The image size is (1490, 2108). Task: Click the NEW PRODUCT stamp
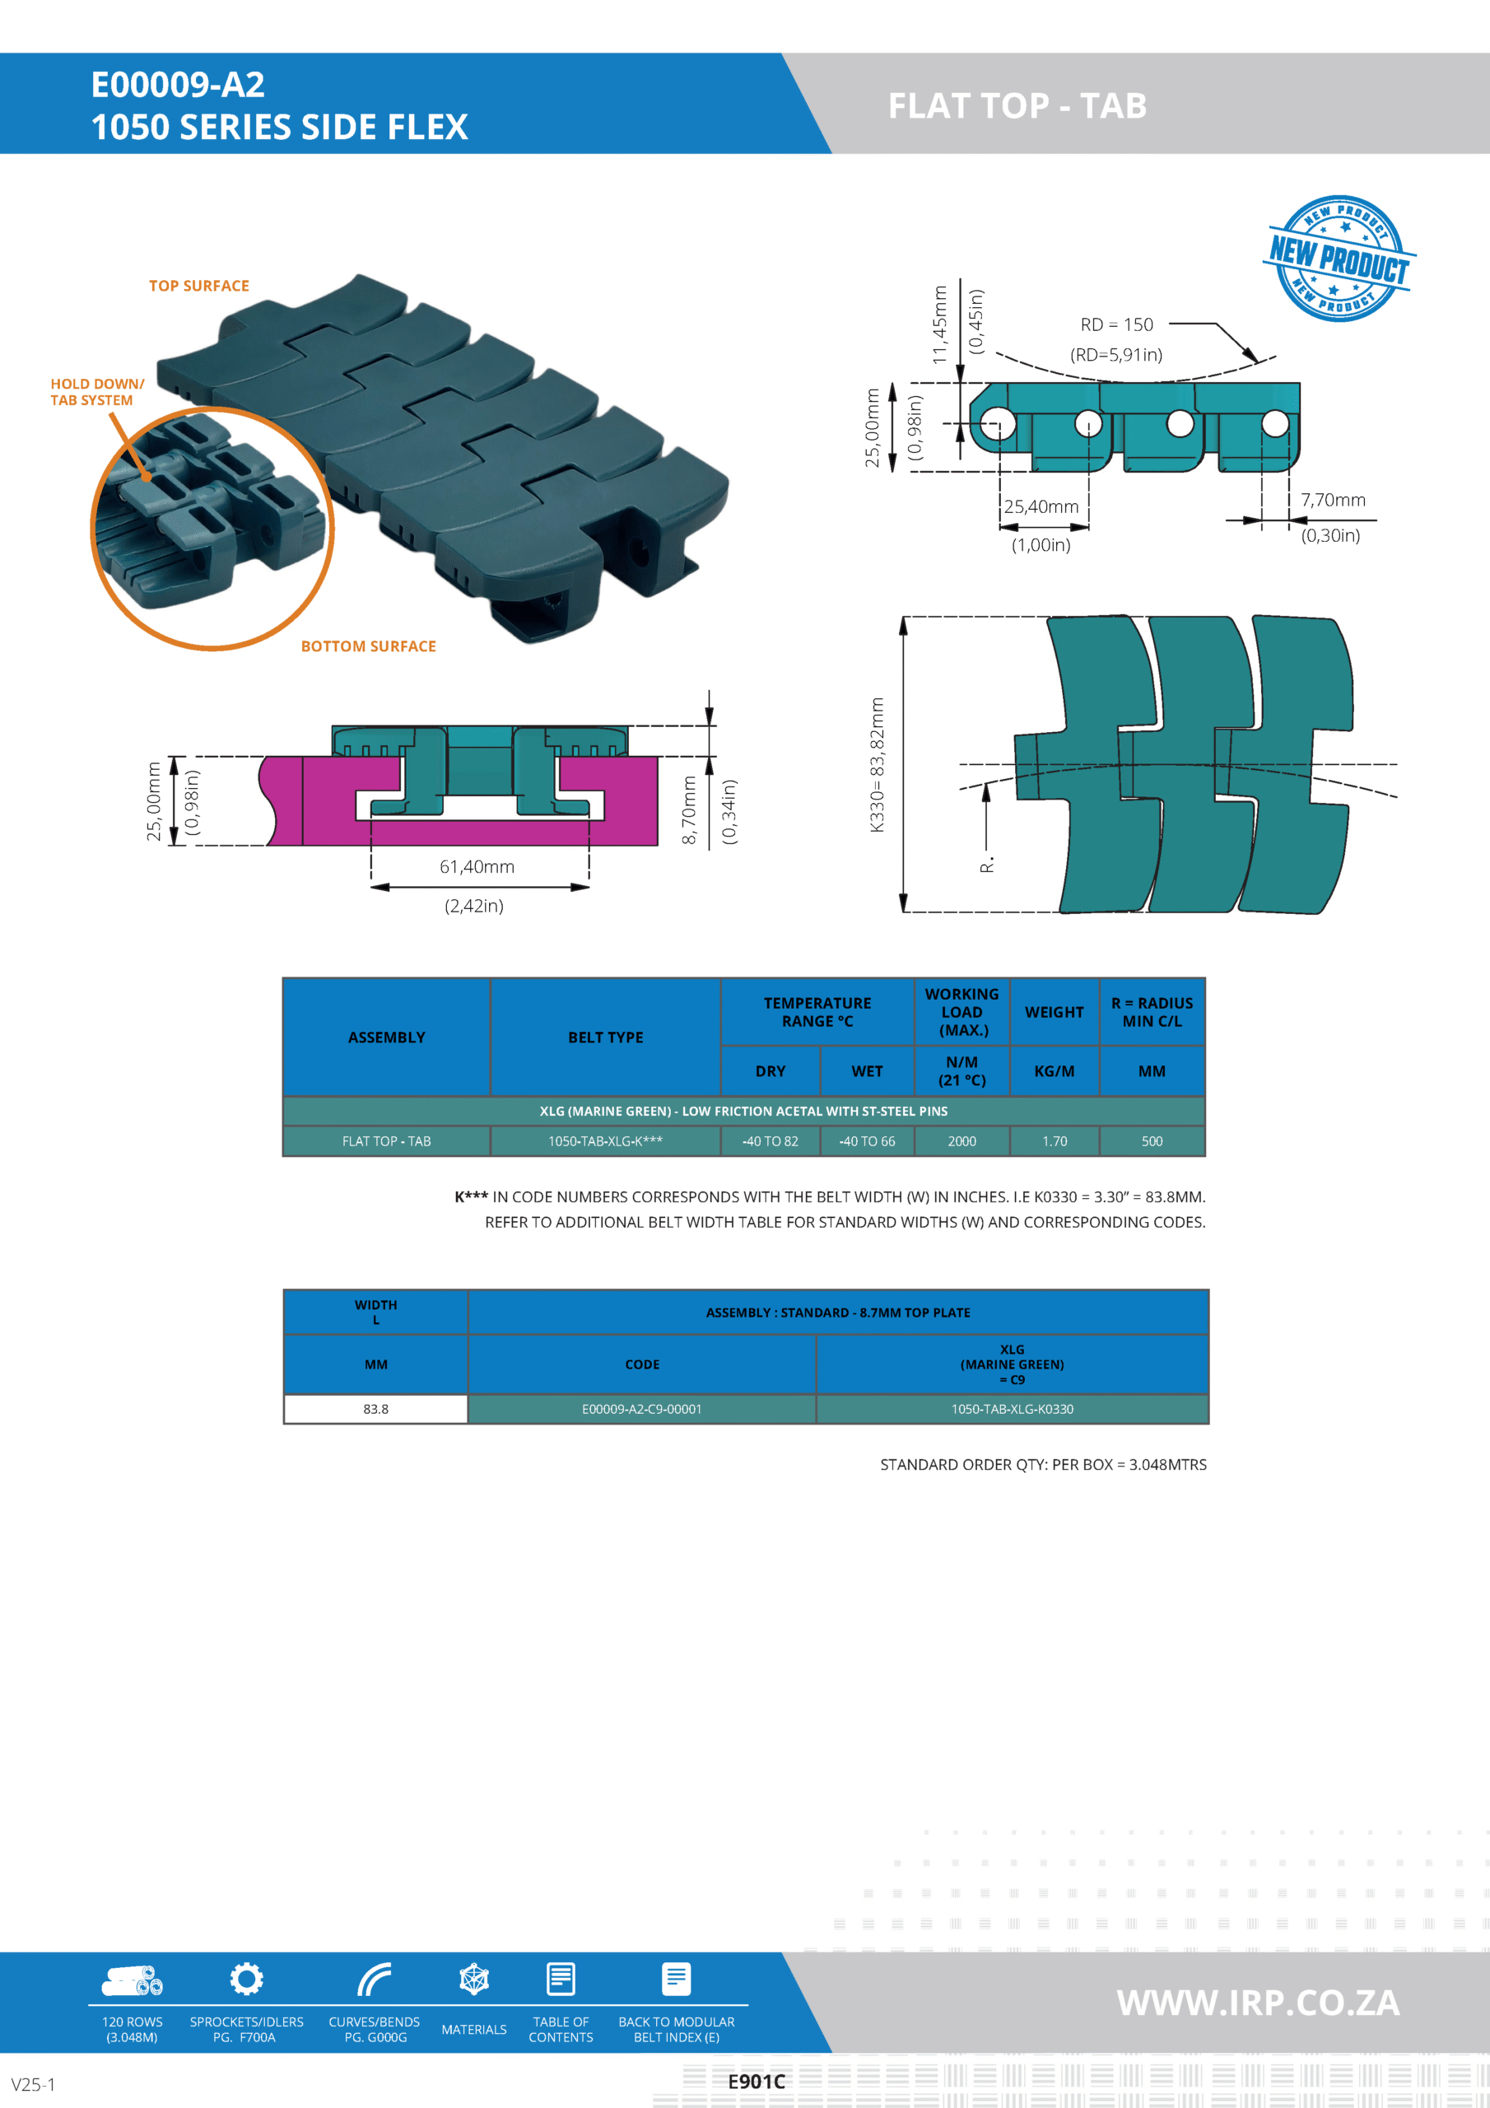tap(1339, 258)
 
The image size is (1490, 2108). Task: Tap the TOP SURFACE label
tap(199, 287)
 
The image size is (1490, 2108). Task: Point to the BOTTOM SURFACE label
tap(368, 646)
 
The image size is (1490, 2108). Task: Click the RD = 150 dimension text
tap(1116, 325)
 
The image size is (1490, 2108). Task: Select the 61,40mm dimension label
tap(477, 867)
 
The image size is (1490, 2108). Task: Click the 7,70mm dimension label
tap(1333, 501)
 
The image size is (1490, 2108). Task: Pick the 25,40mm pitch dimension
tap(1041, 506)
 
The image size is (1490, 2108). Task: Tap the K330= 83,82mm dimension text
tap(877, 764)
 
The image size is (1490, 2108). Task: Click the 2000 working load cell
tap(962, 1141)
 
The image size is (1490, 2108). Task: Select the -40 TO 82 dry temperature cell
tap(771, 1141)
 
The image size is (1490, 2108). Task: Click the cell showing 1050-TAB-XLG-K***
tap(605, 1141)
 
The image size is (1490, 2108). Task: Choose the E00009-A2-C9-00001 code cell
tap(642, 1409)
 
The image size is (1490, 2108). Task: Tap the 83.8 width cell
tap(375, 1409)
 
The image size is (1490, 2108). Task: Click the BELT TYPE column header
tap(605, 1038)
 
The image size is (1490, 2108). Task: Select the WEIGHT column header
tap(1054, 1012)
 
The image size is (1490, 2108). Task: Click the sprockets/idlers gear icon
tap(246, 1979)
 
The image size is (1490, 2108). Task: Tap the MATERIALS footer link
tap(473, 2029)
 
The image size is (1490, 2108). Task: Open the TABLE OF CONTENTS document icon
tap(561, 1979)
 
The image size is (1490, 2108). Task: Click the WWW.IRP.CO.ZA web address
tap(1258, 2003)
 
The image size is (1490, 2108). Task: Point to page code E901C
tap(757, 2082)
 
